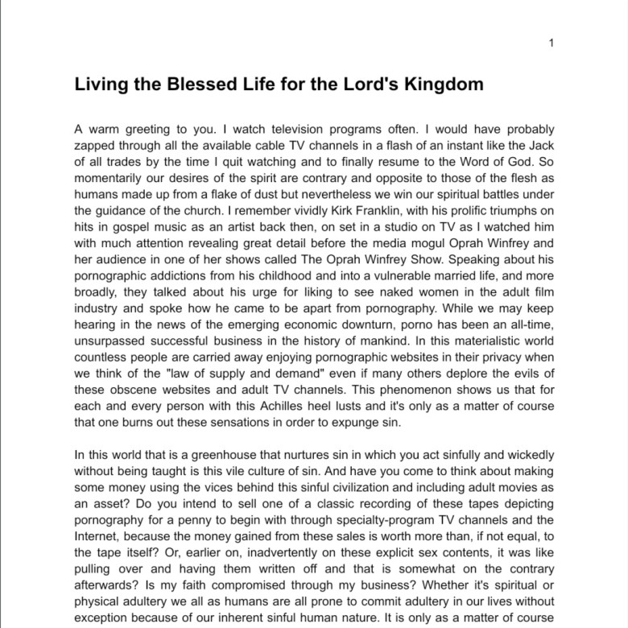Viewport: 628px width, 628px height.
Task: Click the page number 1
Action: click(x=551, y=43)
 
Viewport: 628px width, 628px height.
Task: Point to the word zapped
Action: click(x=96, y=145)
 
